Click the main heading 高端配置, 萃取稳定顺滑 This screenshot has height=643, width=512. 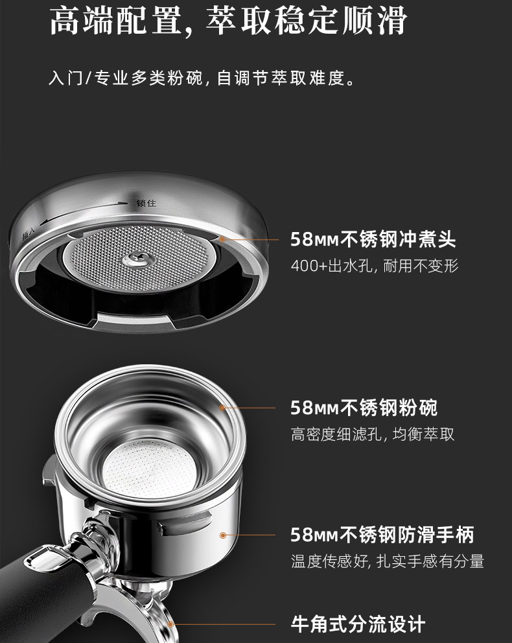(x=228, y=21)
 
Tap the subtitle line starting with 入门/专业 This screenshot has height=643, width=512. (x=202, y=78)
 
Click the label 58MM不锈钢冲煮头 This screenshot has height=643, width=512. (x=373, y=239)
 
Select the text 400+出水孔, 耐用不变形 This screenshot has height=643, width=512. (x=374, y=266)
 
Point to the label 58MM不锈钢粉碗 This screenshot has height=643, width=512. (x=364, y=408)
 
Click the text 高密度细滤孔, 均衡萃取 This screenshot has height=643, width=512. (x=373, y=434)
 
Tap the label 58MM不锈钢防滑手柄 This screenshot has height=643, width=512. (x=382, y=535)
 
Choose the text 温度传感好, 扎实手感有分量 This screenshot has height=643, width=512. (x=388, y=561)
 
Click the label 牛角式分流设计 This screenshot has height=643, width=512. (x=358, y=624)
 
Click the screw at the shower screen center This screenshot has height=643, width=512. (x=138, y=259)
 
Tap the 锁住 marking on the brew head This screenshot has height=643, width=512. (x=146, y=203)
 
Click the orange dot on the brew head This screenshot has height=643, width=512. (x=222, y=239)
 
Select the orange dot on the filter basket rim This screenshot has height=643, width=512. (x=222, y=408)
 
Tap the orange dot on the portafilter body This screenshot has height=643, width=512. (x=223, y=535)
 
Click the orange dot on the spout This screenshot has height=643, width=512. (x=170, y=624)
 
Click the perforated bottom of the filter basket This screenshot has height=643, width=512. (x=150, y=469)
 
